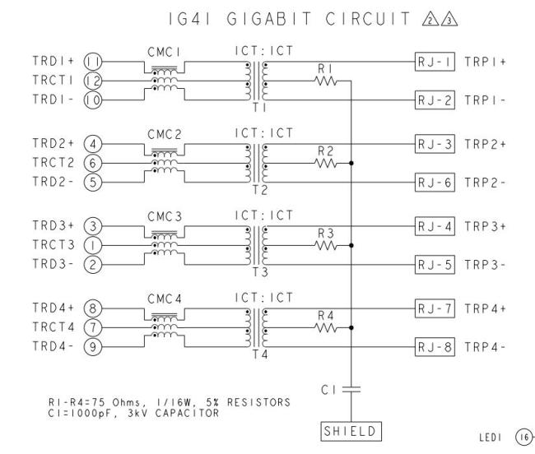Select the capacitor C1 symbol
pyautogui.click(x=351, y=389)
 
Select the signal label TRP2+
pyautogui.click(x=485, y=142)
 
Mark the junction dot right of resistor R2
pyautogui.click(x=351, y=162)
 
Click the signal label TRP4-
pyautogui.click(x=485, y=347)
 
